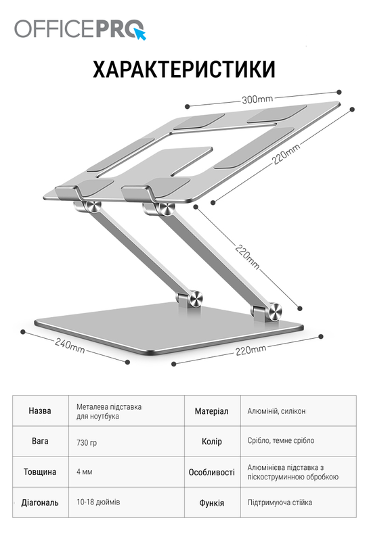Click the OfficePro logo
coord(80,29)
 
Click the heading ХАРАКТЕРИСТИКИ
coord(184,70)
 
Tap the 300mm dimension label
coord(257,99)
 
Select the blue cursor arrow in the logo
coord(140,34)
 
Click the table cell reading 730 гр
coord(87,442)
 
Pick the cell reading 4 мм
coord(85,471)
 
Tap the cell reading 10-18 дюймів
coord(98,502)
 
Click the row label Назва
coord(40,410)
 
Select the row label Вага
coord(40,441)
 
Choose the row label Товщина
coord(40,471)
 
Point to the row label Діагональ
coord(40,502)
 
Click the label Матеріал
coord(211,411)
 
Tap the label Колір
coord(211,442)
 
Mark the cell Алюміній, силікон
coord(276,411)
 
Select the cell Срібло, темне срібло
coord(281,441)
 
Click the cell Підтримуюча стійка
coord(280,502)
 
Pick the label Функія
coord(211,503)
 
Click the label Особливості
coord(211,472)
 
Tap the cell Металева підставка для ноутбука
coord(109,411)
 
